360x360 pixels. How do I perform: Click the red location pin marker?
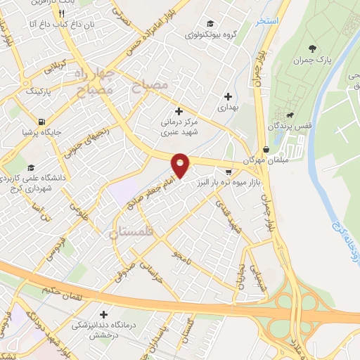pyautogui.click(x=181, y=165)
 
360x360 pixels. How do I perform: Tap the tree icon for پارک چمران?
pyautogui.click(x=311, y=49)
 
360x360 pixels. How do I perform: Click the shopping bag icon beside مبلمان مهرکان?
pyautogui.click(x=266, y=150)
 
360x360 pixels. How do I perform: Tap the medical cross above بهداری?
pyautogui.click(x=227, y=97)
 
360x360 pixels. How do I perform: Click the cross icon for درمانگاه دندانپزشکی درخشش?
pyautogui.click(x=105, y=315)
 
